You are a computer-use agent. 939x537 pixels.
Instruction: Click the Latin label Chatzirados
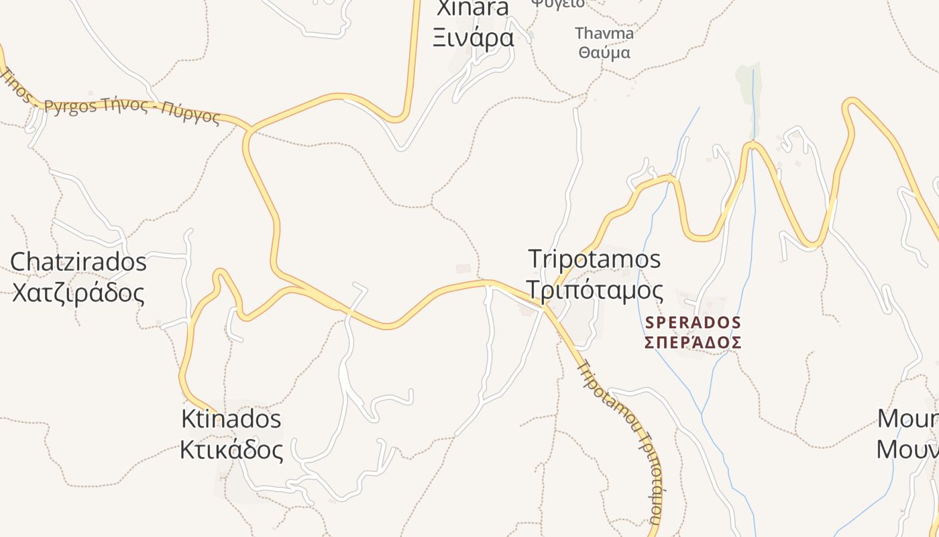(78, 261)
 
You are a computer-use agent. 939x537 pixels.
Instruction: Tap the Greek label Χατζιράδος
(78, 293)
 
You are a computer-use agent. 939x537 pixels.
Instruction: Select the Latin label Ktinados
(231, 419)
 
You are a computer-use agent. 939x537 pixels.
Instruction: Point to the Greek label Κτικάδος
(231, 449)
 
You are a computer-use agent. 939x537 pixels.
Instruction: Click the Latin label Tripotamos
(594, 258)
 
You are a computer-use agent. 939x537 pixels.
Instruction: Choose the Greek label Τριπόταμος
(594, 290)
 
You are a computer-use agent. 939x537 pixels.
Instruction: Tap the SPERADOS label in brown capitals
(693, 323)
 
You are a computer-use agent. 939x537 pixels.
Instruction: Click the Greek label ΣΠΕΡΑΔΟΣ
(693, 343)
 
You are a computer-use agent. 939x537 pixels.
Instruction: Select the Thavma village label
(604, 33)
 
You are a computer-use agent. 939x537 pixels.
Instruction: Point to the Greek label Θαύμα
(604, 52)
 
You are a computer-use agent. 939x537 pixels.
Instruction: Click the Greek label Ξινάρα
(474, 38)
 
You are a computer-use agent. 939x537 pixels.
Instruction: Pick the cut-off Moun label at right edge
(908, 419)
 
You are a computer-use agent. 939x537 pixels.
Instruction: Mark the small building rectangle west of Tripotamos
(463, 268)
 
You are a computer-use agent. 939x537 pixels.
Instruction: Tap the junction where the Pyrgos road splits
(250, 129)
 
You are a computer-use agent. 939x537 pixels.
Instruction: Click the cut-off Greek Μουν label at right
(908, 448)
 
